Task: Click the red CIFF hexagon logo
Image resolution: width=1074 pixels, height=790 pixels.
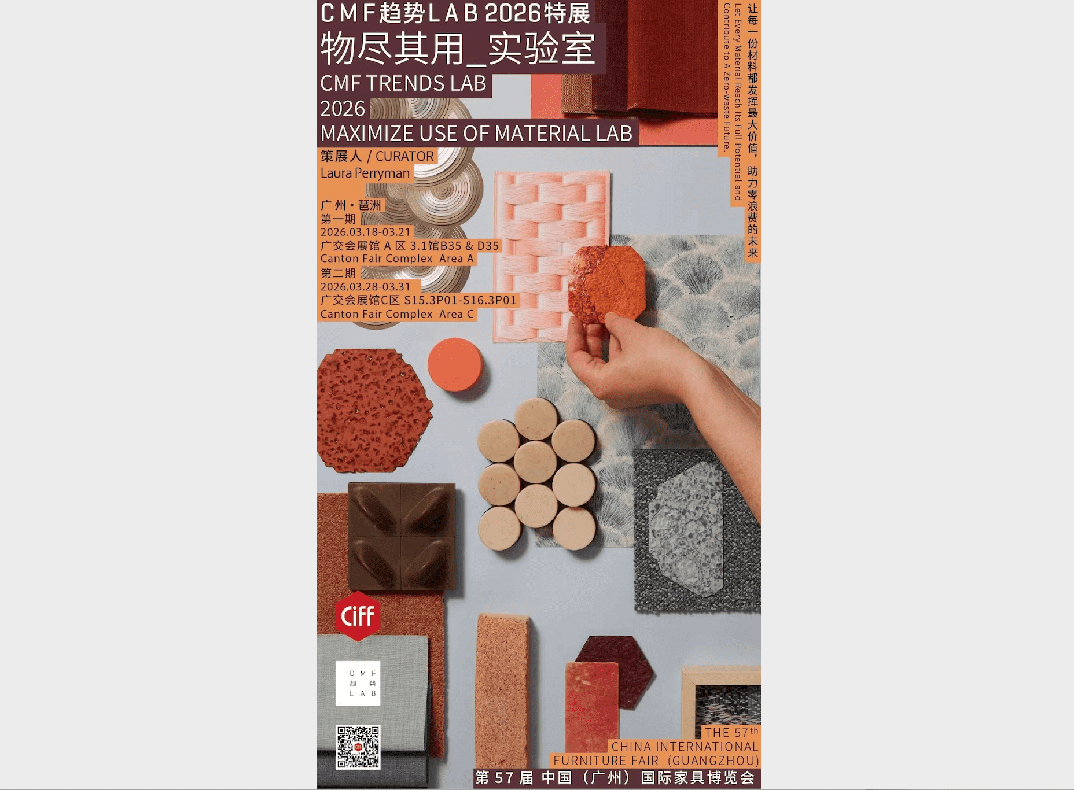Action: point(358,616)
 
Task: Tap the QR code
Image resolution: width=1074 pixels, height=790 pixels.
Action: point(358,747)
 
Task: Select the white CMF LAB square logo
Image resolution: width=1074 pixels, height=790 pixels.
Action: point(358,684)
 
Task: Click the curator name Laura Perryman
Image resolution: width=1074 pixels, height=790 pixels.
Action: point(365,173)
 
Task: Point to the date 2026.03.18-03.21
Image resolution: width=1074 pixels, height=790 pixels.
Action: point(366,232)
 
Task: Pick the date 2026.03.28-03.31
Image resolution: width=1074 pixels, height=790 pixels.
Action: point(366,287)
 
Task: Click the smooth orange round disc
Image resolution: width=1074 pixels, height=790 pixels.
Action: point(455,365)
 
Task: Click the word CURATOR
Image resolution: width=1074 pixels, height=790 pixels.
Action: point(404,156)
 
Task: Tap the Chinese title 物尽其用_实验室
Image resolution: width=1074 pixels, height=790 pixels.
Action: point(458,49)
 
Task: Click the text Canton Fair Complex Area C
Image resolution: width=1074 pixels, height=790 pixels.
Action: point(397,314)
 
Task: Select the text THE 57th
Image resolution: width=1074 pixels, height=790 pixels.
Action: point(731,732)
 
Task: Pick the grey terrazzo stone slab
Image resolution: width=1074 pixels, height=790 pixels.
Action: point(686,530)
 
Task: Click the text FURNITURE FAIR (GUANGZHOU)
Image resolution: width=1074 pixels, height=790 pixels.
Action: point(656,761)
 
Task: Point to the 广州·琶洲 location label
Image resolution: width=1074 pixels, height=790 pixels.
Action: point(351,205)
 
